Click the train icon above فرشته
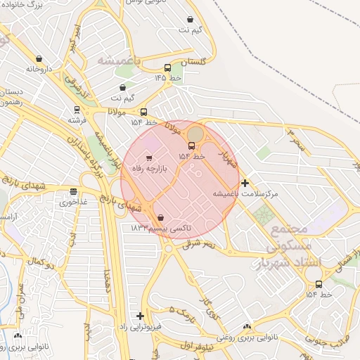(77, 110)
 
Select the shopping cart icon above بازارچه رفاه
(148, 157)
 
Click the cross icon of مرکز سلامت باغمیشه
(245, 183)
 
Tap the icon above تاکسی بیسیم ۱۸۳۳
(162, 218)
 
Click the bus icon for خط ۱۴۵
(167, 68)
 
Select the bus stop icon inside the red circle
(191, 146)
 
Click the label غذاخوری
(73, 202)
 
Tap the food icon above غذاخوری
(73, 191)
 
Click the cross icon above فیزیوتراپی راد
(140, 316)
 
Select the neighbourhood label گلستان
(194, 63)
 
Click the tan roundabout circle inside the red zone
(195, 133)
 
